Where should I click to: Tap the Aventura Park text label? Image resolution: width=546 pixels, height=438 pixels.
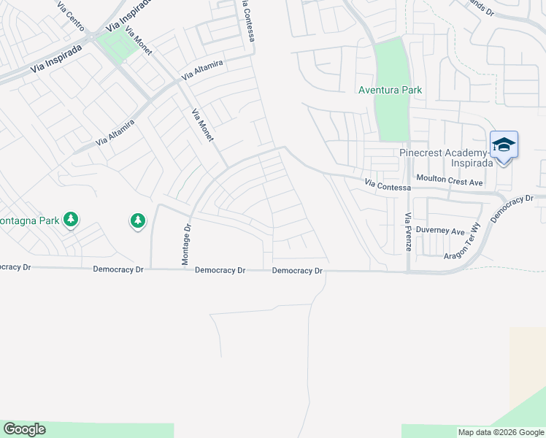pyautogui.click(x=390, y=91)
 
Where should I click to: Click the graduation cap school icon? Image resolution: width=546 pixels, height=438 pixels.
pyautogui.click(x=504, y=145)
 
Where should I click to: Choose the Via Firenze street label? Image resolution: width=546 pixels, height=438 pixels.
pyautogui.click(x=408, y=232)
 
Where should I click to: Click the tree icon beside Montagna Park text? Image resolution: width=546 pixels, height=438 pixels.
pyautogui.click(x=70, y=219)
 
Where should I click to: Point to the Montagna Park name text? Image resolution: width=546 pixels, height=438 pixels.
pyautogui.click(x=29, y=220)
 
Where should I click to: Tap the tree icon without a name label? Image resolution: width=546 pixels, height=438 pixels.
pyautogui.click(x=137, y=220)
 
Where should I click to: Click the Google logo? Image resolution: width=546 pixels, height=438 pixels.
pyautogui.click(x=24, y=429)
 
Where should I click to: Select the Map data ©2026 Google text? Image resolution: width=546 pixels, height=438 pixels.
pyautogui.click(x=501, y=432)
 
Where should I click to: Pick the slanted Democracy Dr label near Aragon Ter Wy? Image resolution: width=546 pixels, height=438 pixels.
pyautogui.click(x=513, y=210)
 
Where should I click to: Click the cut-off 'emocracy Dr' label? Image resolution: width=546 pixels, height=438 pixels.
pyautogui.click(x=15, y=267)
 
